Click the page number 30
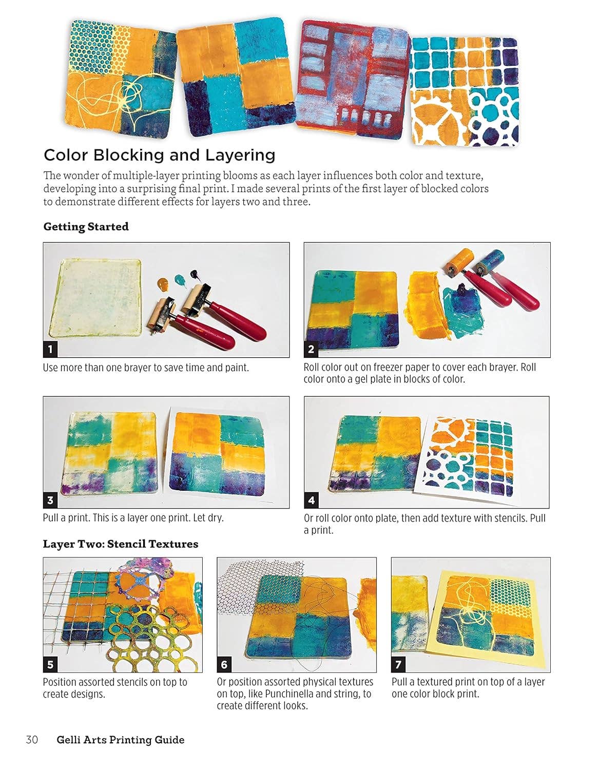pos(32,740)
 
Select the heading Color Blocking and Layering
pos(159,155)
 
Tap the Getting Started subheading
pos(86,226)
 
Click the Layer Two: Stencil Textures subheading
pos(120,544)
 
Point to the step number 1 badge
pos(50,350)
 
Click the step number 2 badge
pos(311,350)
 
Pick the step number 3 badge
pos(50,500)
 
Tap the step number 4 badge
pos(311,500)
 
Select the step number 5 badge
pos(50,665)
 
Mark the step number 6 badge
pos(224,665)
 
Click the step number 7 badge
pos(398,665)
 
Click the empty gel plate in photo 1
pos(100,298)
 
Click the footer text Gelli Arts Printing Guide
pos(120,740)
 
